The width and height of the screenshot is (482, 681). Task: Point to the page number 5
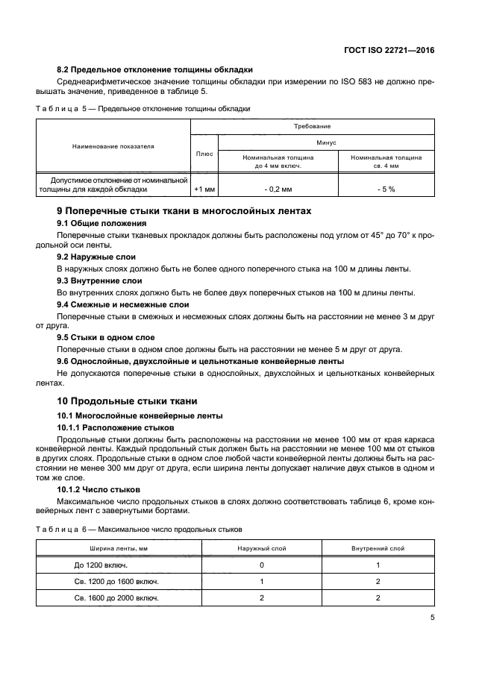tap(432, 618)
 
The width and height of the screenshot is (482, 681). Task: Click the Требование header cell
tap(313, 126)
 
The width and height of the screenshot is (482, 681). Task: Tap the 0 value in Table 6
tap(262, 565)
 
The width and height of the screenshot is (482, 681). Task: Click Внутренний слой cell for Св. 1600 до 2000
tap(378, 597)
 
